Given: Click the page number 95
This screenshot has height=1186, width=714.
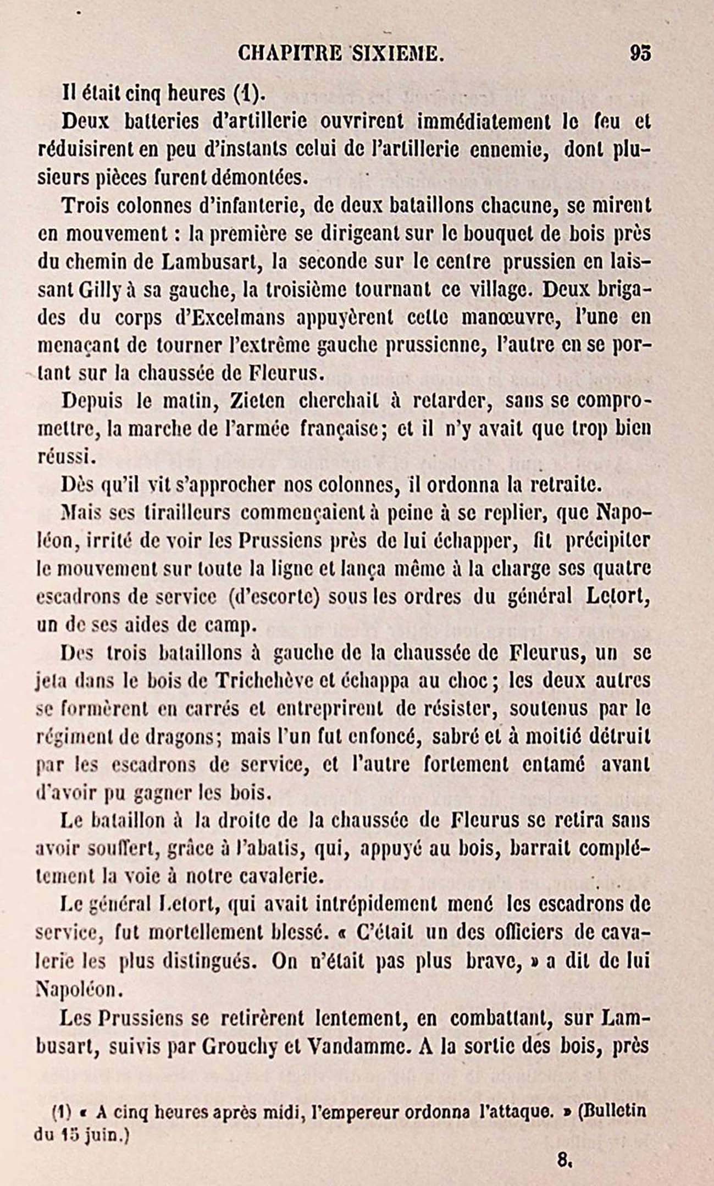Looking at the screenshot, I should click(640, 53).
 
